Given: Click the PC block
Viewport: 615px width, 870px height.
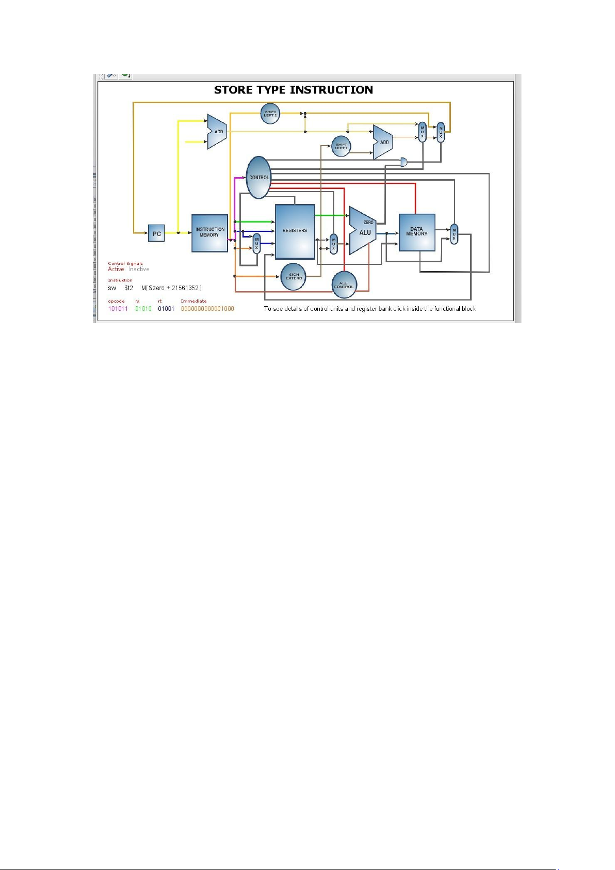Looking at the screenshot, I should (156, 233).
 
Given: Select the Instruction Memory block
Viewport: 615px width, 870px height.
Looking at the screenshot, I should (209, 233).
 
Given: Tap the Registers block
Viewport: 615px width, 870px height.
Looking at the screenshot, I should (295, 231).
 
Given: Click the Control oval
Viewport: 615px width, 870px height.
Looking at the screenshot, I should (258, 177).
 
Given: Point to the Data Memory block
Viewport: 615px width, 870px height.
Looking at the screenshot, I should (416, 232).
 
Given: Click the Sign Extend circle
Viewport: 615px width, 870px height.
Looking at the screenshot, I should (294, 277).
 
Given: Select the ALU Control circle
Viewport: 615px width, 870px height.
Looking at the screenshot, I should (344, 285).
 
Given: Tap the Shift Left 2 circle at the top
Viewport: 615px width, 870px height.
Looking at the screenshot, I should (270, 114).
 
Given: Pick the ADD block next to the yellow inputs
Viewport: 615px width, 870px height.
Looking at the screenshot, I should (217, 132).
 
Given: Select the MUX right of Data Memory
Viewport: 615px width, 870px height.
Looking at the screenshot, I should (454, 234).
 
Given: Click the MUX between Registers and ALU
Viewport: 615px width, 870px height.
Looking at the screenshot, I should (334, 244).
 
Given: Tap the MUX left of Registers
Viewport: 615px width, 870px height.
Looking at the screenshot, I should (256, 243).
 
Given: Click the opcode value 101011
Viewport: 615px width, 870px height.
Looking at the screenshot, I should (118, 309).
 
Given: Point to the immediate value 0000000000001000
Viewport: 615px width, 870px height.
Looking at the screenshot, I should (207, 309).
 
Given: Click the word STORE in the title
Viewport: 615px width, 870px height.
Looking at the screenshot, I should (233, 90).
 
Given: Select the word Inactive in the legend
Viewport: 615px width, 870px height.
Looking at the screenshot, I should (139, 269).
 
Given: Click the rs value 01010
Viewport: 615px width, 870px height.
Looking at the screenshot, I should (143, 309).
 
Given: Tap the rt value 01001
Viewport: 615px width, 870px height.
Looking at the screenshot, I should (166, 309).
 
